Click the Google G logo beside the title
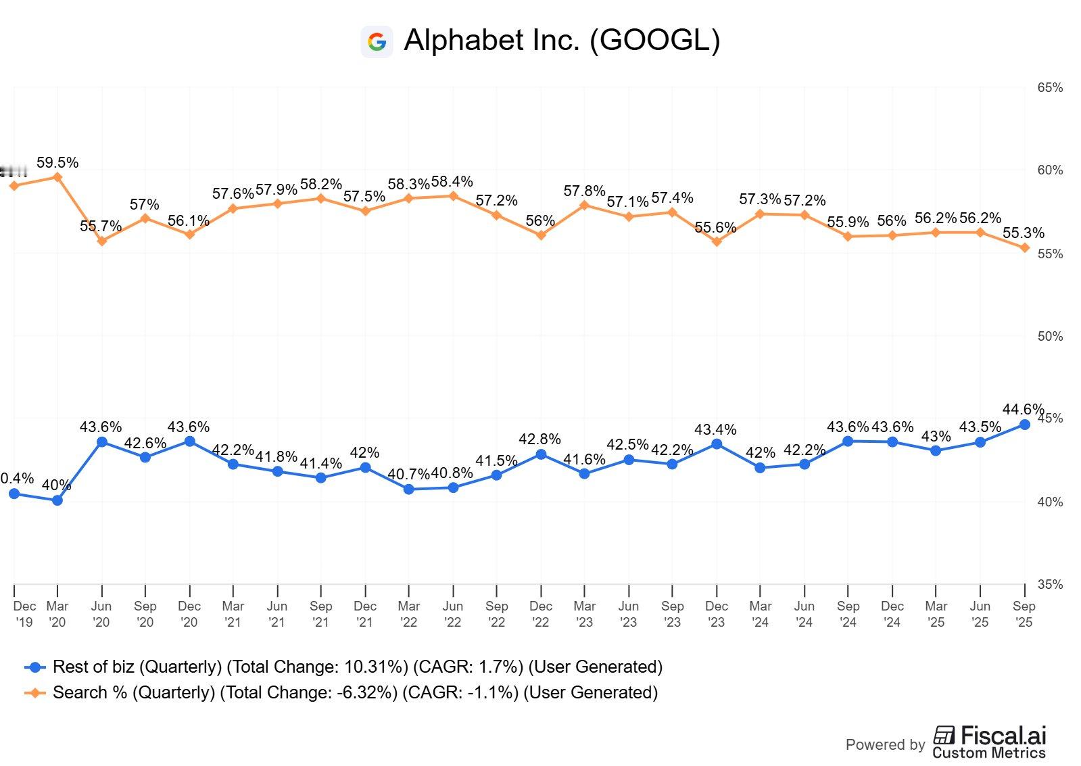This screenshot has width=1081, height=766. click(377, 42)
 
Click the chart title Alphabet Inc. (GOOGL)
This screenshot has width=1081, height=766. click(561, 41)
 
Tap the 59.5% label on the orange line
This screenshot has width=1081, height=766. click(57, 162)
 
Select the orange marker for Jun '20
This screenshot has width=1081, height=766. click(102, 241)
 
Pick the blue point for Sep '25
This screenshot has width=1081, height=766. click(1024, 425)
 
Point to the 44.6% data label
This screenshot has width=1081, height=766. click(1022, 409)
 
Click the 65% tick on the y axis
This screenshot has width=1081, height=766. click(1049, 87)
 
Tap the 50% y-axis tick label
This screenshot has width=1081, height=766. click(1049, 336)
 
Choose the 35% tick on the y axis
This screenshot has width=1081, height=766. click(1049, 584)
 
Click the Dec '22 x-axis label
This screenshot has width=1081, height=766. click(541, 614)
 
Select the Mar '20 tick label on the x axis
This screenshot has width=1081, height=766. click(57, 614)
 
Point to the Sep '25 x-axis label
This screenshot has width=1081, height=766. click(1024, 614)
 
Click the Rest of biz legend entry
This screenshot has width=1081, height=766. click(343, 667)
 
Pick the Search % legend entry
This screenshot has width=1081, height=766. click(341, 692)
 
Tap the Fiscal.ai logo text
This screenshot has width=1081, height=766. click(990, 742)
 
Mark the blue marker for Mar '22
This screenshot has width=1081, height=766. click(409, 489)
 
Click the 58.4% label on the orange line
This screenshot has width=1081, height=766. click(452, 181)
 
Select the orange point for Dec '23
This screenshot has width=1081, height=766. click(717, 241)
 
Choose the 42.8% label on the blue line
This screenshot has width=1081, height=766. click(539, 439)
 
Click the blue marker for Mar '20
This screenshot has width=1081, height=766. click(57, 500)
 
